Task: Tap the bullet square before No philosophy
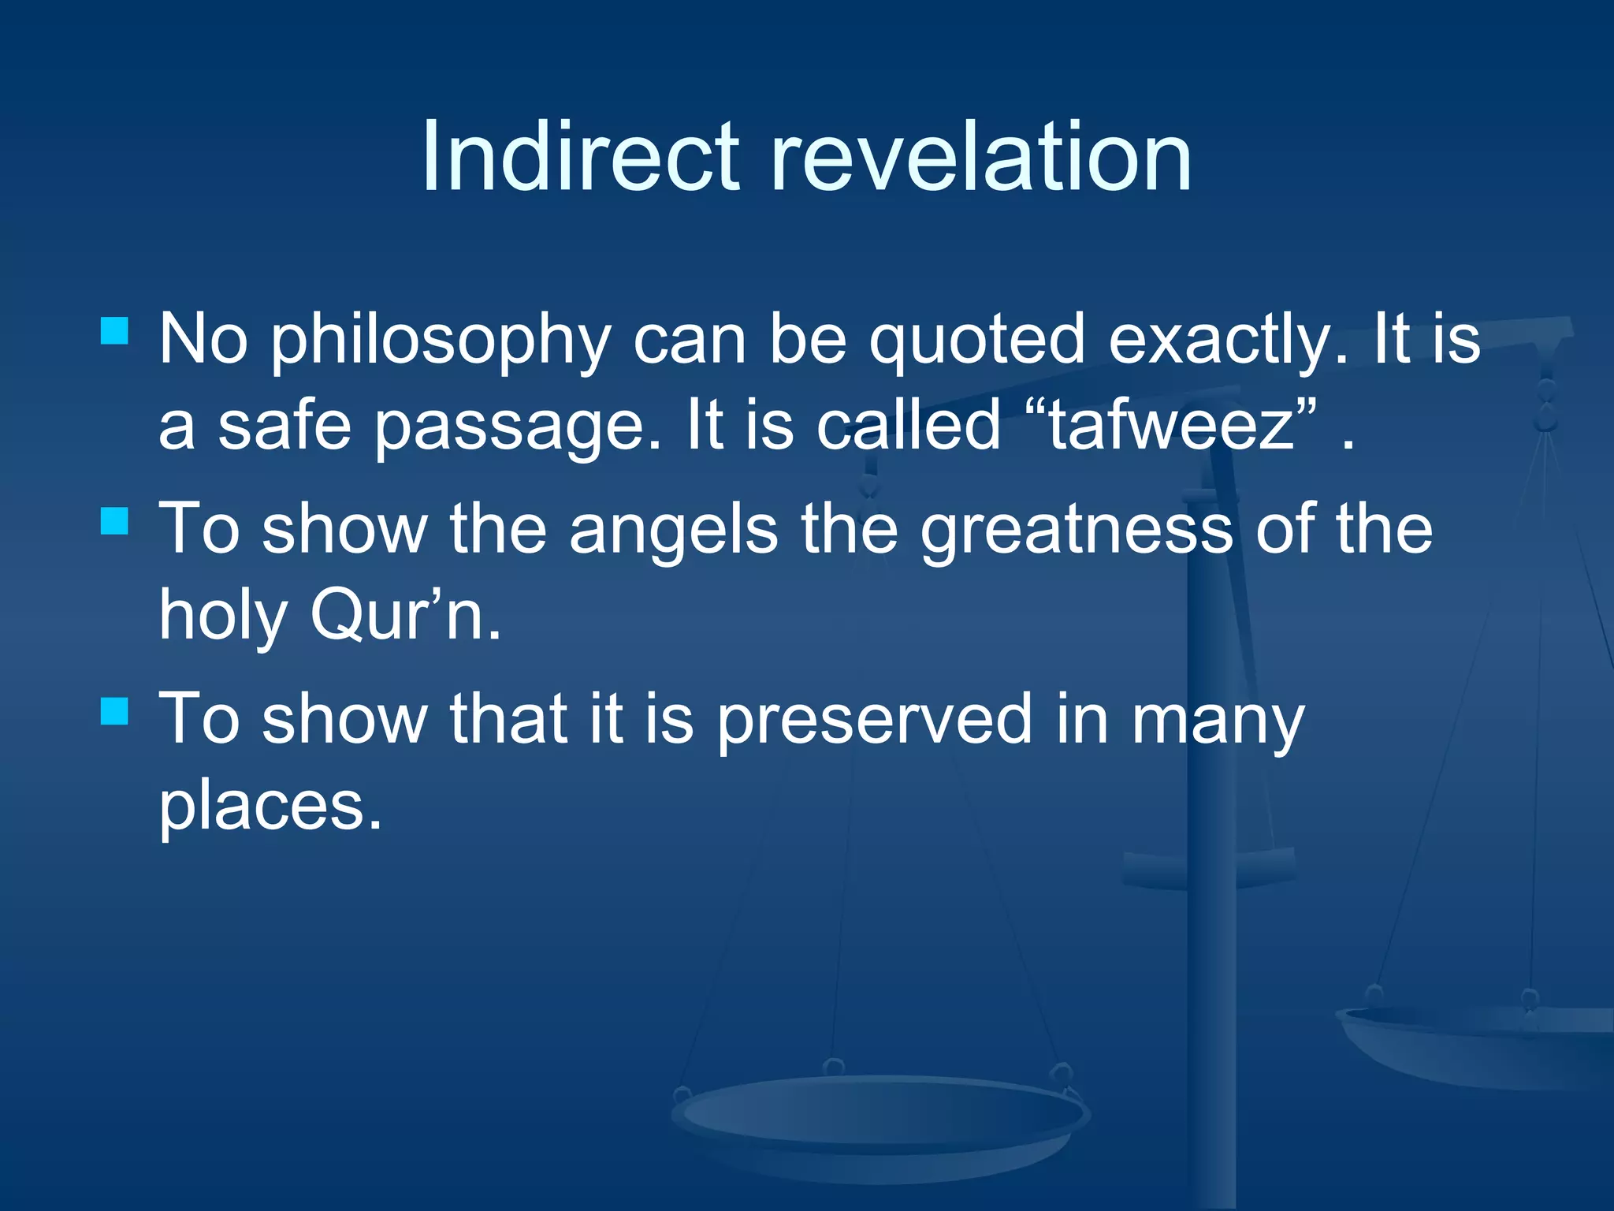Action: point(115,331)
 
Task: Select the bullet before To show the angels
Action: point(115,521)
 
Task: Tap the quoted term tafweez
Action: point(1171,426)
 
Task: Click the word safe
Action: point(284,426)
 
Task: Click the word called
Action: point(908,426)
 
